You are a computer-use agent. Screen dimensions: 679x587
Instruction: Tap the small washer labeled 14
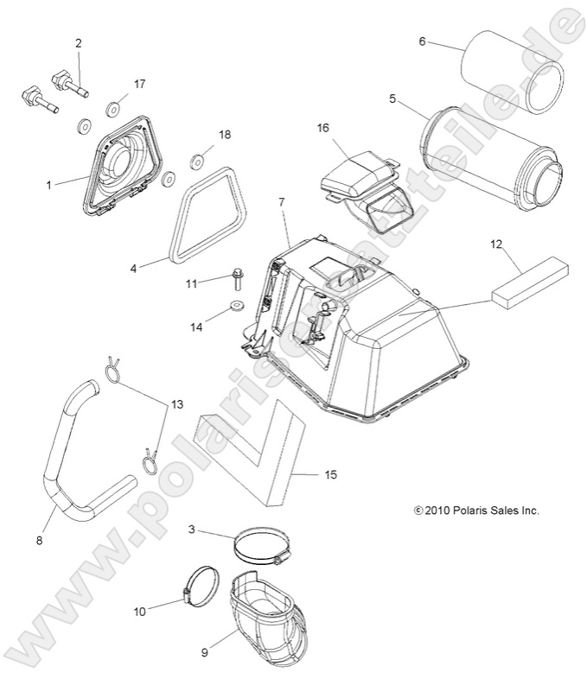coord(235,307)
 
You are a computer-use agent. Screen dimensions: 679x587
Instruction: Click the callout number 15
coord(330,475)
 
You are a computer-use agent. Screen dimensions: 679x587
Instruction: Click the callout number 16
coord(322,128)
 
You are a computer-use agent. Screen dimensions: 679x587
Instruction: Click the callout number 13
coord(177,379)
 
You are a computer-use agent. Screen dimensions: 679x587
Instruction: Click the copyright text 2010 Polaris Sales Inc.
coord(476,511)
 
